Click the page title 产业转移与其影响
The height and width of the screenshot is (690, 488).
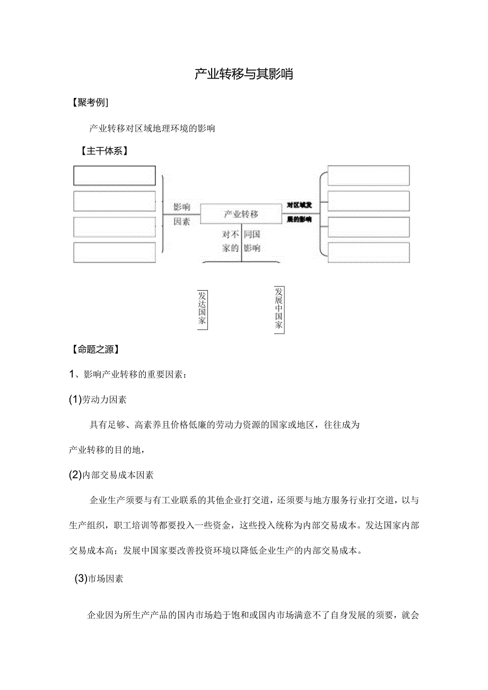[243, 74]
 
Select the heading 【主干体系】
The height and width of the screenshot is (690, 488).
[103, 151]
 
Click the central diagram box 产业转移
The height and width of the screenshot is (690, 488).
[241, 214]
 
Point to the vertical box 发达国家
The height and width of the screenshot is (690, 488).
[202, 309]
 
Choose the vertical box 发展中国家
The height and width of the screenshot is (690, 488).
[279, 310]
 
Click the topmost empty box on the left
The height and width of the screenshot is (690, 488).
[114, 176]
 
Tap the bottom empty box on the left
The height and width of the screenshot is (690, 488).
[114, 252]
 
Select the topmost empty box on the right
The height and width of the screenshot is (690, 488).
[368, 176]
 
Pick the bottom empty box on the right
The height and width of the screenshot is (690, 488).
[368, 252]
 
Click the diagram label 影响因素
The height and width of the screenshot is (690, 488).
[181, 214]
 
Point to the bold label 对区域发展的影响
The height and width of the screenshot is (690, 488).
[299, 212]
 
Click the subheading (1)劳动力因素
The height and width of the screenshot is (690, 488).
[98, 400]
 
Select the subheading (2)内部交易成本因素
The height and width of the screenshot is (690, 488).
[111, 475]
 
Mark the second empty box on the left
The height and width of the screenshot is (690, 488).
[114, 201]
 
